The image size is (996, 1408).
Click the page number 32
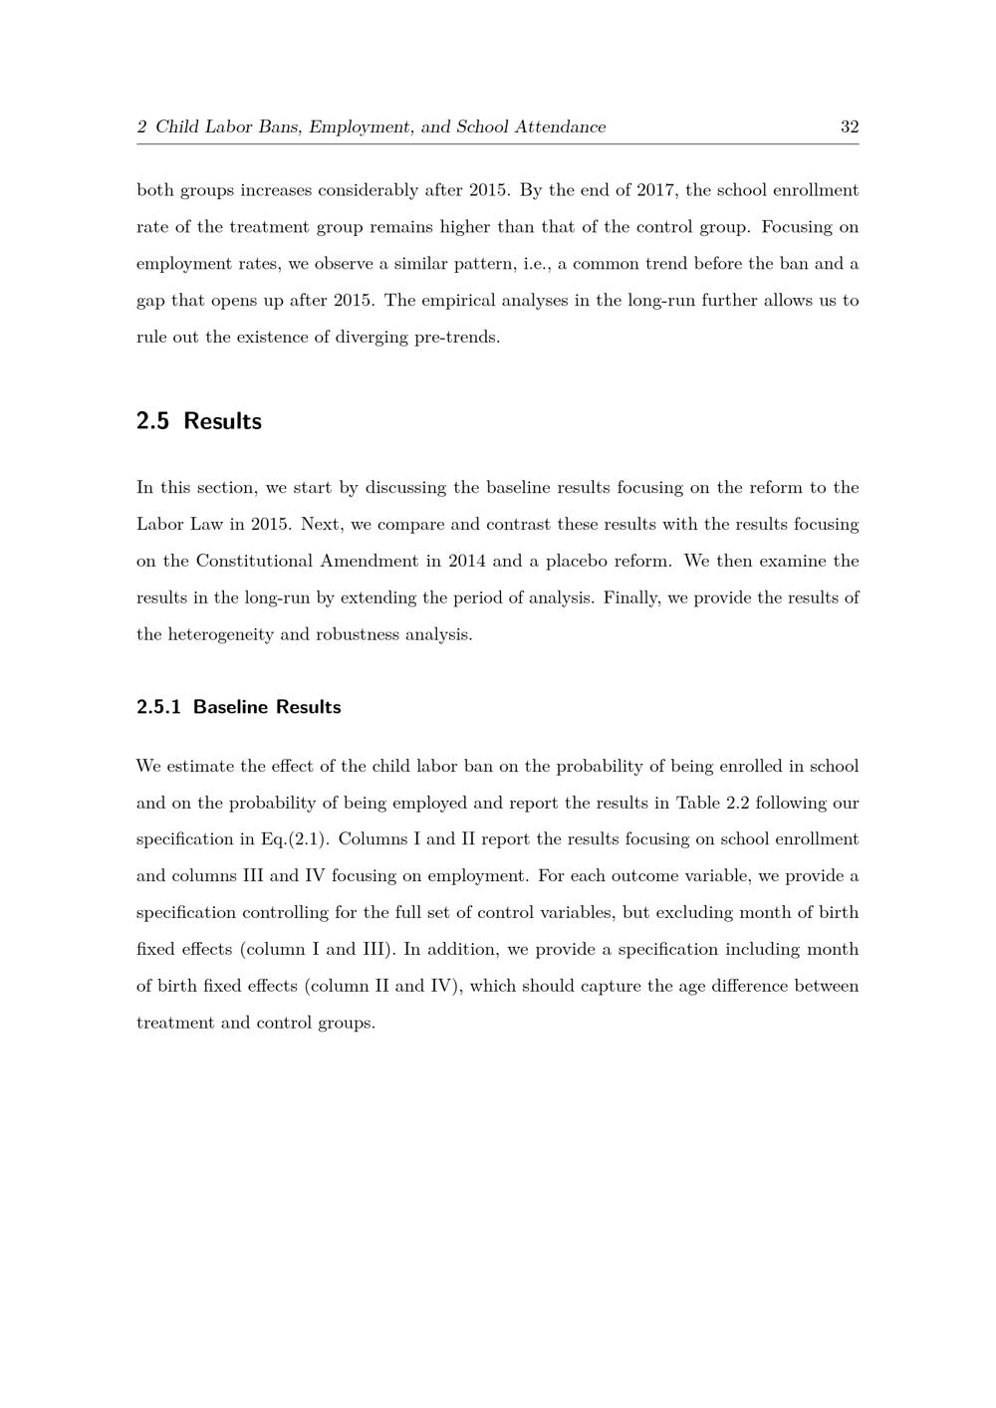click(850, 127)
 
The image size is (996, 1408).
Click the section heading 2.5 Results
click(198, 421)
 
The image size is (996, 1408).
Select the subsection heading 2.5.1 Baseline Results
click(238, 707)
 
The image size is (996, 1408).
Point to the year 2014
click(467, 561)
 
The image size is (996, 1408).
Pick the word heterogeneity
click(217, 634)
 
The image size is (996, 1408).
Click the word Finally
click(629, 597)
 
